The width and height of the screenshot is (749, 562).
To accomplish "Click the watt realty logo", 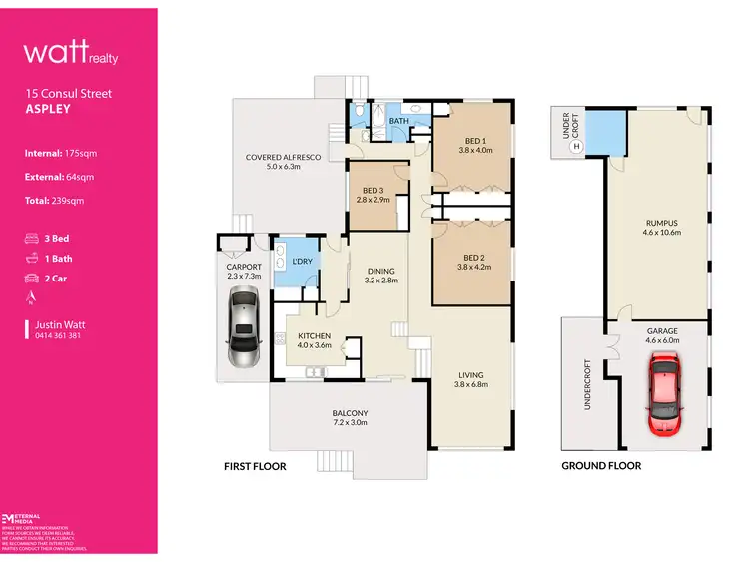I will (x=71, y=52).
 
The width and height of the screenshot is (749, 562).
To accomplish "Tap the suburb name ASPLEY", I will (x=48, y=109).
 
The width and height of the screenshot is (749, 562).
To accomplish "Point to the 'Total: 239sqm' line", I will (x=55, y=201).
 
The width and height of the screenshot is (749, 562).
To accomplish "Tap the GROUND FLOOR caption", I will (x=601, y=466).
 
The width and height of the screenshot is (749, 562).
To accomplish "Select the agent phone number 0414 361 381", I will (x=56, y=336).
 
